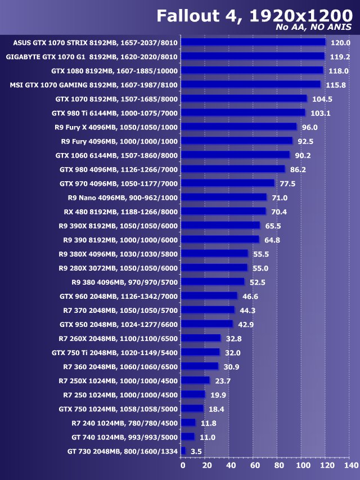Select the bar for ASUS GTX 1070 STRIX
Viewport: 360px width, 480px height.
(254, 42)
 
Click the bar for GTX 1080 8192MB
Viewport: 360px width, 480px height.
(253, 70)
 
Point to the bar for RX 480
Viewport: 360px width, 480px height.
(224, 211)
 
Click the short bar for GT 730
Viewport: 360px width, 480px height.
(183, 450)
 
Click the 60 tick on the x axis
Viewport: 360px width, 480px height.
(254, 465)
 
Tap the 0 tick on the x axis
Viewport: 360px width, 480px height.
(182, 465)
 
